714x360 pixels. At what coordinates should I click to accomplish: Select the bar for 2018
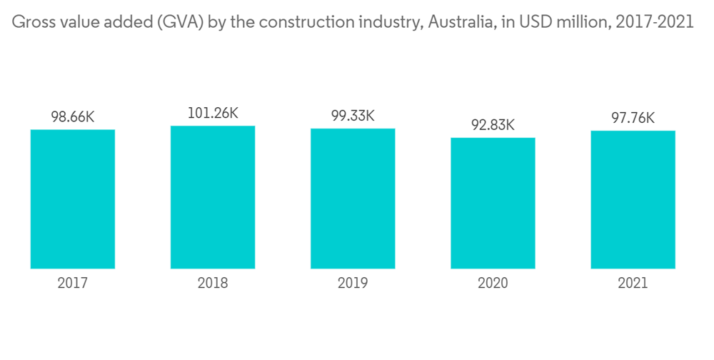click(213, 197)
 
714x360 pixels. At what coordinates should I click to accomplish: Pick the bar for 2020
click(493, 203)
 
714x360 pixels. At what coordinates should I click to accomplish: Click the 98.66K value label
click(73, 117)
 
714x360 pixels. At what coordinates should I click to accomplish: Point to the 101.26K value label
click(213, 113)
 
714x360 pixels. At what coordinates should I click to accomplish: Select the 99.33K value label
click(353, 116)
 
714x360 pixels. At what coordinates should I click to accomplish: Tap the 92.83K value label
click(493, 125)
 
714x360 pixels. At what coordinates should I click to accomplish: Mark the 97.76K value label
click(633, 118)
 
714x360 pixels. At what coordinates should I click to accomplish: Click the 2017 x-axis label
click(73, 284)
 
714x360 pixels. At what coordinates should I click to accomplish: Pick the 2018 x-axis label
click(213, 284)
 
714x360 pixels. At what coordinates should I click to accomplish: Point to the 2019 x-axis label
click(353, 284)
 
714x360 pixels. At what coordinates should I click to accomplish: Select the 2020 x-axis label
click(493, 284)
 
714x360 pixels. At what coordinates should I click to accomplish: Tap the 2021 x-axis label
click(633, 284)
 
